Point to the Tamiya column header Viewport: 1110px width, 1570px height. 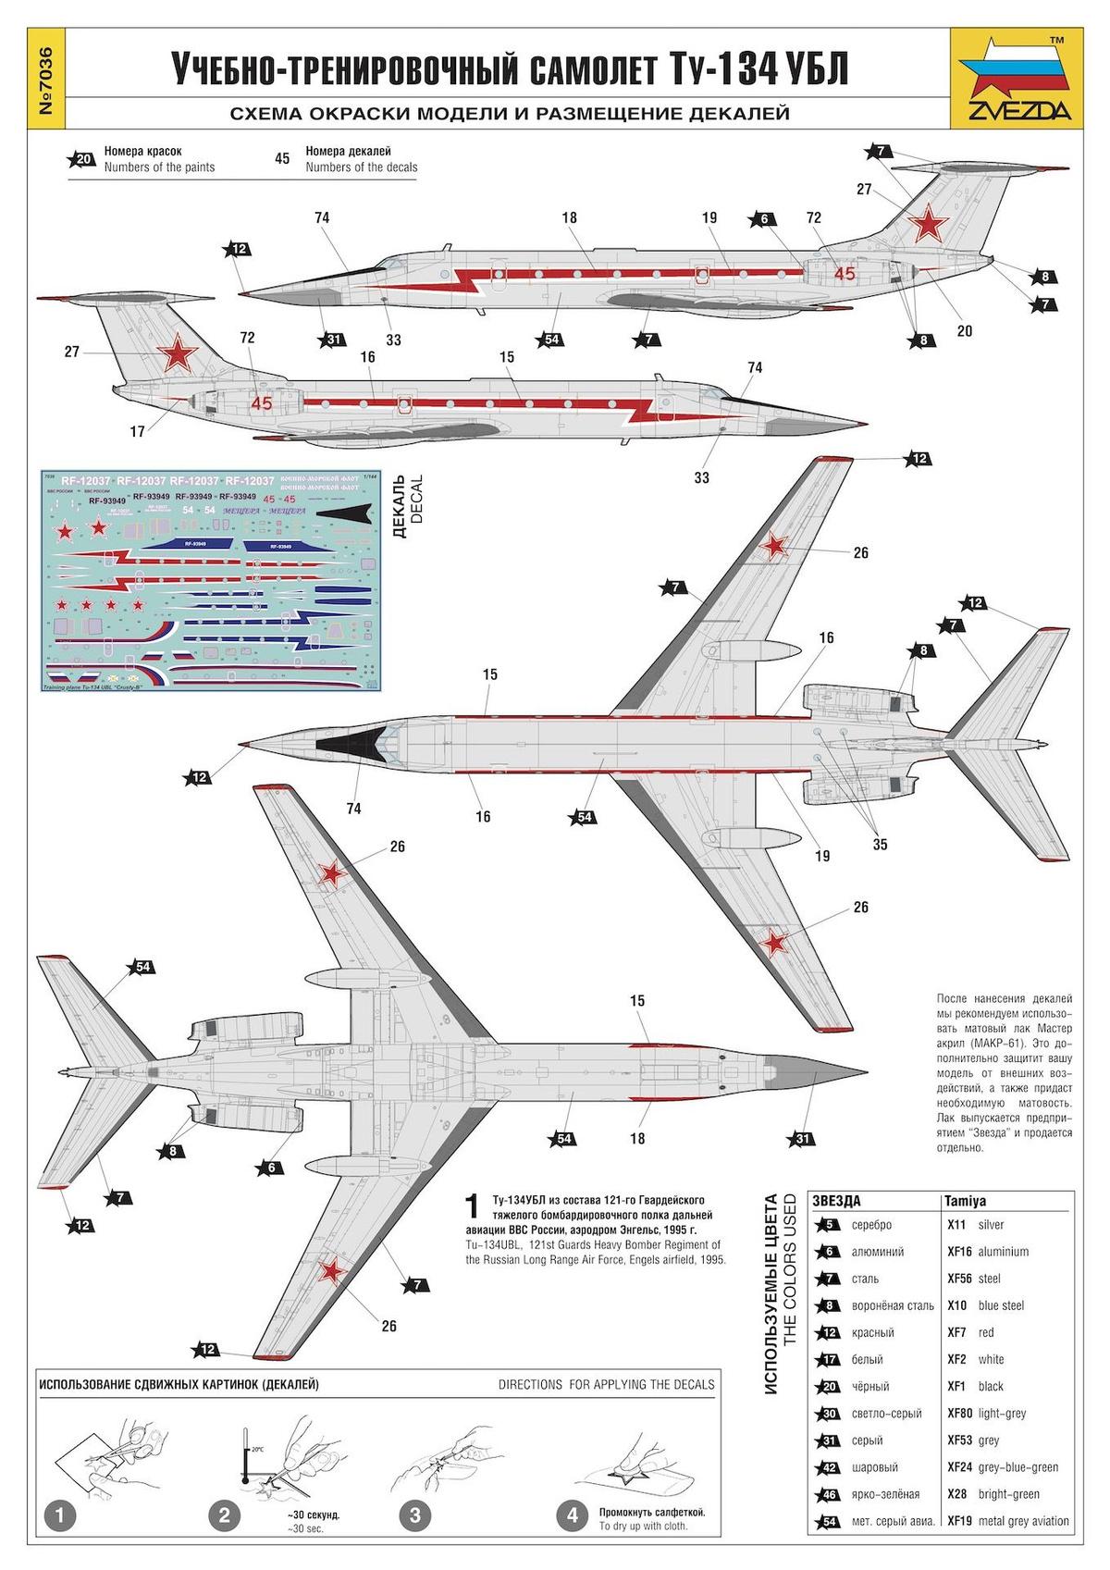966,1200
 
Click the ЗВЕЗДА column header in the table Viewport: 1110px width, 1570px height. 836,1200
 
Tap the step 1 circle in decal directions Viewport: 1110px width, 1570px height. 60,1515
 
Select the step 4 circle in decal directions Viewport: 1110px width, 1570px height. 573,1515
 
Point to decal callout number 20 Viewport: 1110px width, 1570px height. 964,330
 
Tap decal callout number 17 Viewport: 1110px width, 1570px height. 138,430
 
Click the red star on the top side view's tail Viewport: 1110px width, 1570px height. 927,223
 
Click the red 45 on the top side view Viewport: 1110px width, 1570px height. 844,273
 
